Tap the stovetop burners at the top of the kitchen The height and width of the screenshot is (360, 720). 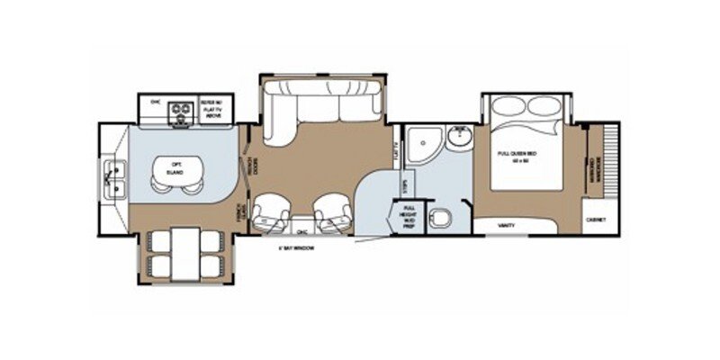pyautogui.click(x=184, y=111)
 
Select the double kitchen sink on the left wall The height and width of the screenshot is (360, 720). pyautogui.click(x=115, y=177)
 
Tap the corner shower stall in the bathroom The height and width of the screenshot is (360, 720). pyautogui.click(x=419, y=142)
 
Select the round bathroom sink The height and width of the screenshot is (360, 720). pyautogui.click(x=460, y=137)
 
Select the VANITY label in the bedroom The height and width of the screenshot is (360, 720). pyautogui.click(x=507, y=225)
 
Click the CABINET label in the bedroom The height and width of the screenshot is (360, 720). pyautogui.click(x=595, y=220)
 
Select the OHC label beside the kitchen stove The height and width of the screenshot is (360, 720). pyautogui.click(x=155, y=102)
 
